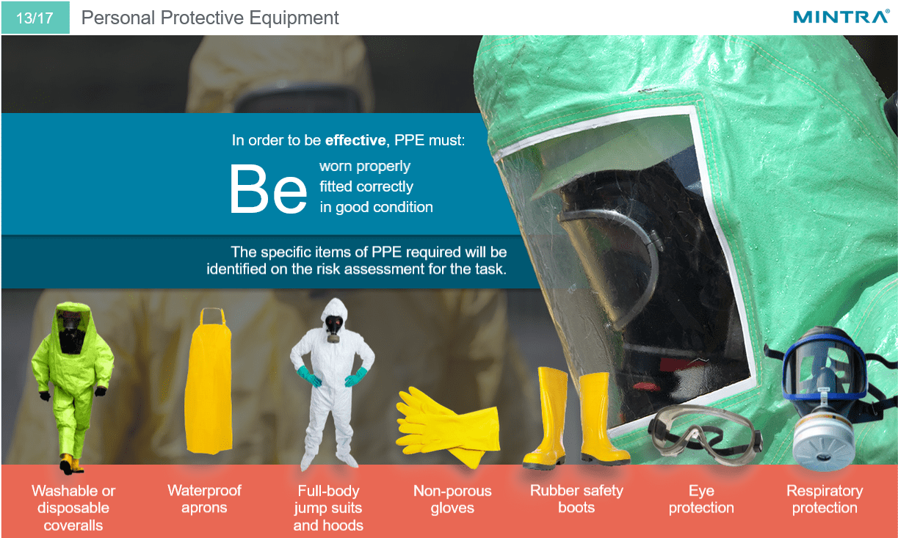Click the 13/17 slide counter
pos(35,18)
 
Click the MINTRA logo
pos(841,17)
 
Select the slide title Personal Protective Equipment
pos(210,18)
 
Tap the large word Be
pos(267,189)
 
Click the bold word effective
pos(355,139)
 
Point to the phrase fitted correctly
pos(366,186)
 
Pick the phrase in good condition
pos(376,207)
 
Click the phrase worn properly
pos(365,166)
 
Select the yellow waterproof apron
pos(209,381)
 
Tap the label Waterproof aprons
pos(204,499)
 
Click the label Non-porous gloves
pos(452,499)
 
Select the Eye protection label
pos(701,499)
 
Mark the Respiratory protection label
pos(825,499)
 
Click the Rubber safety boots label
pos(576,499)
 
